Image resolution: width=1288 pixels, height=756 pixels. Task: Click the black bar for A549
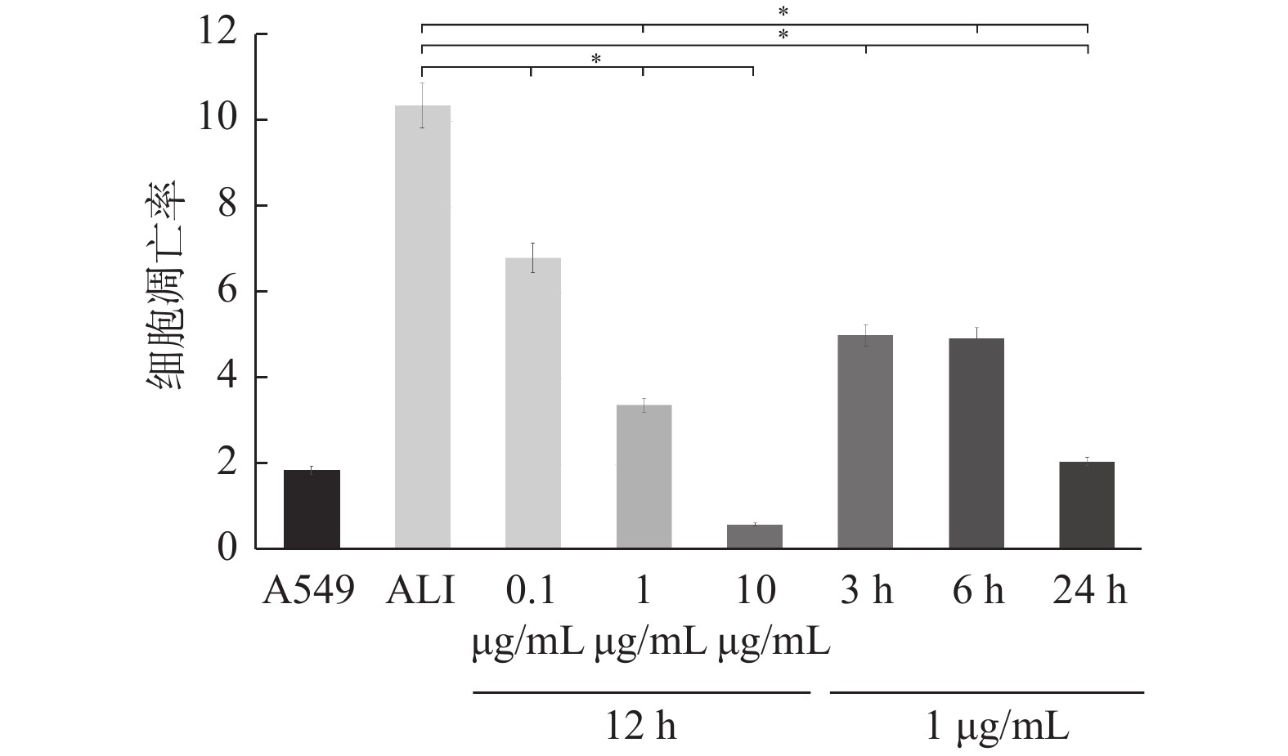pyautogui.click(x=312, y=508)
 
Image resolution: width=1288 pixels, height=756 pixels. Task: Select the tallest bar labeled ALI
pyautogui.click(x=422, y=327)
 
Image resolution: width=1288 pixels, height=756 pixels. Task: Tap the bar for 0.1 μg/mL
pyautogui.click(x=532, y=403)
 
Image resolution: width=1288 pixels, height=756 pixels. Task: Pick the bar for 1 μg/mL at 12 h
pyautogui.click(x=644, y=476)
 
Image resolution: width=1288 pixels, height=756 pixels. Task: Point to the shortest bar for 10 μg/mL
pyautogui.click(x=754, y=536)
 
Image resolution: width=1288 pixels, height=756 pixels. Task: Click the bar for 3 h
pyautogui.click(x=865, y=441)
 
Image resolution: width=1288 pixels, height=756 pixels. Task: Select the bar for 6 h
pyautogui.click(x=976, y=443)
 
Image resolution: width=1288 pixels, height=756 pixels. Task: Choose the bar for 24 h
pyautogui.click(x=1087, y=504)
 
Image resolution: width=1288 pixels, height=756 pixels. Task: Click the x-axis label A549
pyautogui.click(x=309, y=590)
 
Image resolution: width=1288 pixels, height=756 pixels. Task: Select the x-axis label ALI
pyautogui.click(x=420, y=590)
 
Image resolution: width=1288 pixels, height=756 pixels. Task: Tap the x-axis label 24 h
pyautogui.click(x=1089, y=590)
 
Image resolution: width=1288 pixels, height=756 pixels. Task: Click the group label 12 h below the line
pyautogui.click(x=641, y=724)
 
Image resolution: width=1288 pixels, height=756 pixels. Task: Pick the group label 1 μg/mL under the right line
pyautogui.click(x=996, y=724)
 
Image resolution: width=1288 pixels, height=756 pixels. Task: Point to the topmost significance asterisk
pyautogui.click(x=783, y=11)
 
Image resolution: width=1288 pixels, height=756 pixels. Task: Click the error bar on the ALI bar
pyautogui.click(x=422, y=105)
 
